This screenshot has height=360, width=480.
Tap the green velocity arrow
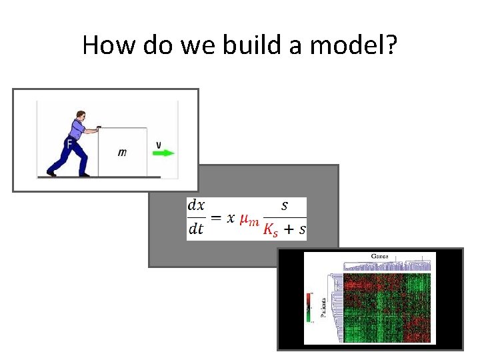pyautogui.click(x=163, y=153)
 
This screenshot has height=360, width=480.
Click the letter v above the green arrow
pyautogui.click(x=158, y=143)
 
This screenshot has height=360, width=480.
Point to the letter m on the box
pyautogui.click(x=122, y=153)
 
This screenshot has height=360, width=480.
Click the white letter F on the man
pyautogui.click(x=69, y=144)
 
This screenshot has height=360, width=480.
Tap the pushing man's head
pyautogui.click(x=81, y=117)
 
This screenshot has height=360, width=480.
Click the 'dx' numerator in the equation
pyautogui.click(x=196, y=205)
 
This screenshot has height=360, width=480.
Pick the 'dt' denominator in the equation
pyautogui.click(x=196, y=229)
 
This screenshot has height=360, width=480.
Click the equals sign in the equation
pyautogui.click(x=215, y=218)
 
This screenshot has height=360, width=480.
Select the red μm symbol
pyautogui.click(x=249, y=219)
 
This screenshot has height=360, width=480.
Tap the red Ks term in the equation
pyautogui.click(x=271, y=231)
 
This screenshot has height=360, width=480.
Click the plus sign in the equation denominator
pyautogui.click(x=289, y=230)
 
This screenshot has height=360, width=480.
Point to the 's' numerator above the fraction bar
pyautogui.click(x=285, y=205)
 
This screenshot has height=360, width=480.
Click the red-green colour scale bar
pyautogui.click(x=309, y=307)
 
